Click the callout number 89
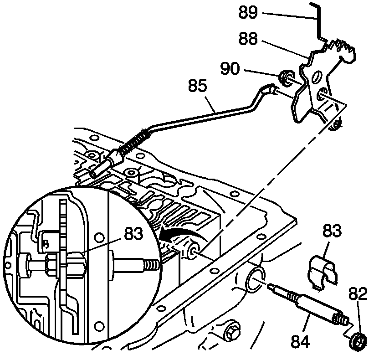250,12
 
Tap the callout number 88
250,40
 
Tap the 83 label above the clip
333,231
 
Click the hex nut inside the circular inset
51,263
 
